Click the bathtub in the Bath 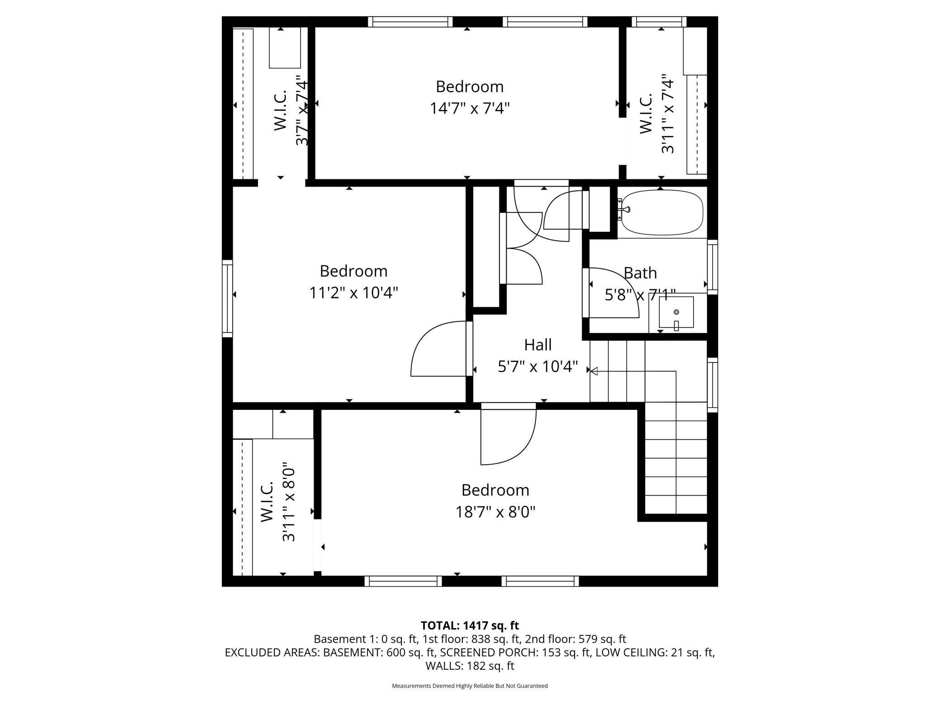pos(662,212)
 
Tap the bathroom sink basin pos(676,312)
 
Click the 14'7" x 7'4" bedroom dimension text pos(470,108)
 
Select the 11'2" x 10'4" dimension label pos(353,293)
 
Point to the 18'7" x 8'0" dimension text pos(495,512)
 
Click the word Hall pos(538,345)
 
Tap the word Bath pos(640,273)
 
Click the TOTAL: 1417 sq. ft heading pos(470,625)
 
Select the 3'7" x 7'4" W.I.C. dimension pos(302,113)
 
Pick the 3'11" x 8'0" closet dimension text pos(289,502)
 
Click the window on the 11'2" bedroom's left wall pos(227,298)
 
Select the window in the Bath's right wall pos(712,267)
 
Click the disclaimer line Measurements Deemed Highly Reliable pos(470,686)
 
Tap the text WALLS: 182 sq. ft pos(470,666)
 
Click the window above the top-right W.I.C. pos(659,22)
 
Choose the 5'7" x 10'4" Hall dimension pos(538,367)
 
